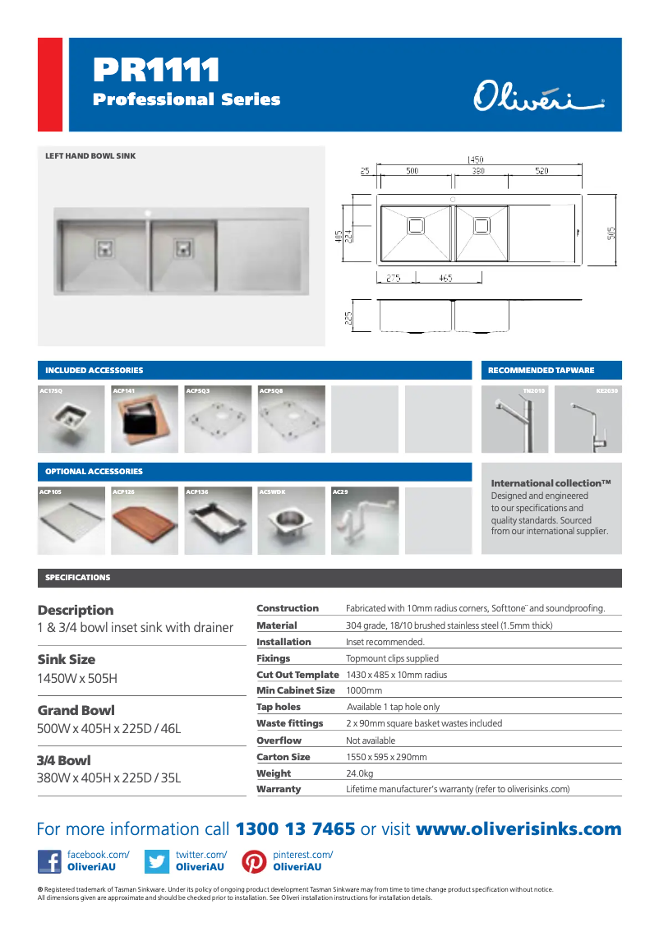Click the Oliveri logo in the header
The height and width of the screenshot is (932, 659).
[538, 95]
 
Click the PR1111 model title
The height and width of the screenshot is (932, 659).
[156, 71]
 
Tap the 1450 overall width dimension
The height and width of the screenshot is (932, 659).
[475, 159]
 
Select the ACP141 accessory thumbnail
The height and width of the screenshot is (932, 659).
[145, 419]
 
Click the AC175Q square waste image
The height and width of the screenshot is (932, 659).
[71, 419]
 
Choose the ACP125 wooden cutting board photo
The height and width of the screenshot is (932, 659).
[145, 520]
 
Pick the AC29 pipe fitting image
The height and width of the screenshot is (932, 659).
[364, 520]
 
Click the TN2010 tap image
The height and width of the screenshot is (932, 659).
[514, 419]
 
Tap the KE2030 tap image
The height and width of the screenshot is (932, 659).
[588, 419]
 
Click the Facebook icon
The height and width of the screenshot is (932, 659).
[49, 861]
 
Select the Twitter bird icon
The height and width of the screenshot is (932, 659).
[156, 861]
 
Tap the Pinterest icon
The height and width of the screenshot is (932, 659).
[254, 861]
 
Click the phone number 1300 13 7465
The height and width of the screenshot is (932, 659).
[296, 829]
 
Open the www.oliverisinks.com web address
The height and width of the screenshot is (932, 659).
[518, 829]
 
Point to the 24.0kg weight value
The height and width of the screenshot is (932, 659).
[360, 773]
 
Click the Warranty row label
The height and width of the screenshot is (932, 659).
[279, 789]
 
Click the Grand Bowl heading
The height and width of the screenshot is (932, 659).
[76, 710]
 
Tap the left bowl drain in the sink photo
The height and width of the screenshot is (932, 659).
[105, 246]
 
